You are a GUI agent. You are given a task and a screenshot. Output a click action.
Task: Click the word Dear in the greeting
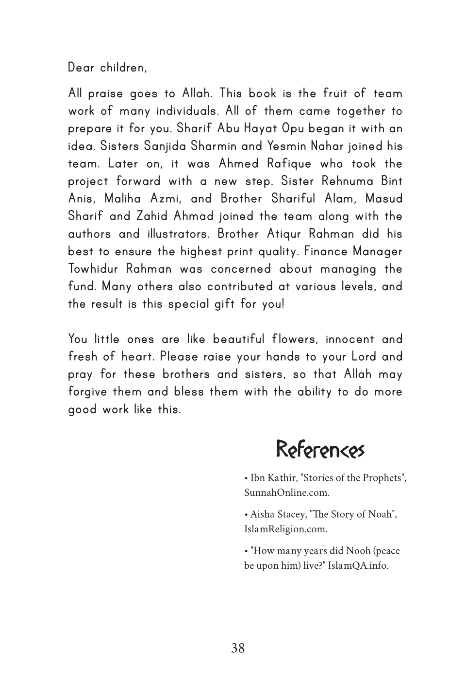tap(81, 68)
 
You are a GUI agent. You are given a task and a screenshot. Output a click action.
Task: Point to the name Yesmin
tap(287, 146)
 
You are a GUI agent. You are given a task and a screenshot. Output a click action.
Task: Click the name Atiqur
tap(287, 234)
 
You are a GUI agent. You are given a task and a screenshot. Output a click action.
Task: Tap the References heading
tap(320, 450)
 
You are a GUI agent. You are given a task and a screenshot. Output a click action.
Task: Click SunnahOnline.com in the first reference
tap(286, 492)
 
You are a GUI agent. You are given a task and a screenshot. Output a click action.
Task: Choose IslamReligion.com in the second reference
tap(285, 529)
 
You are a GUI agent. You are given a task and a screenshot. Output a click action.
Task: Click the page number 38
tap(238, 648)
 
